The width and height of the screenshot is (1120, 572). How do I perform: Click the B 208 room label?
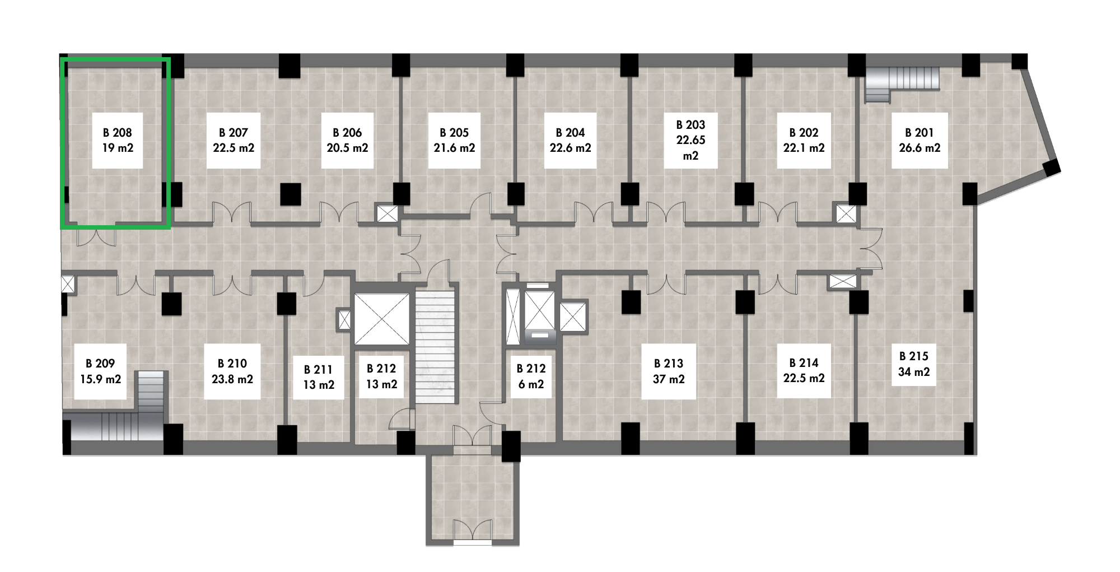(x=118, y=140)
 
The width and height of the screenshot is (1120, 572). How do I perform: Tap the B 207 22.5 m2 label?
(x=234, y=140)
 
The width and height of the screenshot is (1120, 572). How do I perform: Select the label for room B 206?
(x=347, y=140)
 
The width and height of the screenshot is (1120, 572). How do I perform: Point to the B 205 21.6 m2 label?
(x=454, y=140)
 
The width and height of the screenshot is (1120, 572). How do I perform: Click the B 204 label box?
(x=570, y=140)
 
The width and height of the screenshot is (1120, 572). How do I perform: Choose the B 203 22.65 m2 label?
(x=690, y=140)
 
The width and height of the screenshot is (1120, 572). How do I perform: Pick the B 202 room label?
(x=804, y=140)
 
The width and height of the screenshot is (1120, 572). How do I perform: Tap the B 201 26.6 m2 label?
(x=920, y=140)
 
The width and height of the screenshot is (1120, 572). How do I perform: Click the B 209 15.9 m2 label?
(x=100, y=371)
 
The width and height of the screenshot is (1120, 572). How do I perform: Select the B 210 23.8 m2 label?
(x=232, y=371)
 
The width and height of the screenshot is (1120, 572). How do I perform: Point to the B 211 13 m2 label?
(x=319, y=377)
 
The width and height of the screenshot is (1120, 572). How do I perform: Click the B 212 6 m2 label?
(x=531, y=376)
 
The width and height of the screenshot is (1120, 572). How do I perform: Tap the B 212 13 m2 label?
(x=381, y=376)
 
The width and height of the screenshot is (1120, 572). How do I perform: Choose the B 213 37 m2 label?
(x=669, y=371)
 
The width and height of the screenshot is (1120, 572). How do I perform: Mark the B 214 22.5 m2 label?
(x=804, y=370)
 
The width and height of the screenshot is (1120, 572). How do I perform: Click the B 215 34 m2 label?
(x=914, y=364)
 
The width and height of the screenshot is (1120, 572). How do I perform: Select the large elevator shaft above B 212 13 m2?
(x=382, y=318)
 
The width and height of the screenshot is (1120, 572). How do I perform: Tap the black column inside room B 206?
(x=290, y=194)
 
